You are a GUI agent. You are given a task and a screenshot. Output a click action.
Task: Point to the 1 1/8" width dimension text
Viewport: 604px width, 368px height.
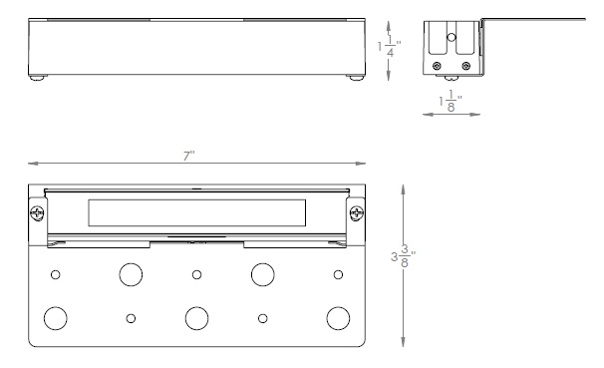449,103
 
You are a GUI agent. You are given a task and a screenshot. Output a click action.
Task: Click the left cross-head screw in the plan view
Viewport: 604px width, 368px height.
38,212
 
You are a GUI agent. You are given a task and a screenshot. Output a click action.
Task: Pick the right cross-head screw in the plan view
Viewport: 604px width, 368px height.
356,212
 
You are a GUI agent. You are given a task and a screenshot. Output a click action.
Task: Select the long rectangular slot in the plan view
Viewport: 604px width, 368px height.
196,212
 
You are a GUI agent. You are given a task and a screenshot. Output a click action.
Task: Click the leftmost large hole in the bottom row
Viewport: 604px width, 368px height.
56,318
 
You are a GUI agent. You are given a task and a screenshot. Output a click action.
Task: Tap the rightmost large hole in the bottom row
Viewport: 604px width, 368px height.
339,318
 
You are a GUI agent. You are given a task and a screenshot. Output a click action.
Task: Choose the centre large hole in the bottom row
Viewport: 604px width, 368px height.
197,318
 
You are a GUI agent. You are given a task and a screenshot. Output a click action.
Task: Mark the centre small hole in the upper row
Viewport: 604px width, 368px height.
197,274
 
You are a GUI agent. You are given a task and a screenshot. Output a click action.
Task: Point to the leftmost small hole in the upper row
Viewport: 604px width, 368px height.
56,274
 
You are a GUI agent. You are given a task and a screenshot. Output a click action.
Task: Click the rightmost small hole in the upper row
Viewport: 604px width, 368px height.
339,274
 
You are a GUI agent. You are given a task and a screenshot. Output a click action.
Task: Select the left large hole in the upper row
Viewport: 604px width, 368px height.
131,274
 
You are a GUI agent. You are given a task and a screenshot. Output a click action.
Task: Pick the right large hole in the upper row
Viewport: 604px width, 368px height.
263,274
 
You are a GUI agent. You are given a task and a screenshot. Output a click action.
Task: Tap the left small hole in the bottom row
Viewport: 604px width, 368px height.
131,318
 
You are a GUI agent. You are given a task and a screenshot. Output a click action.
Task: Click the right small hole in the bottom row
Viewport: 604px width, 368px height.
263,318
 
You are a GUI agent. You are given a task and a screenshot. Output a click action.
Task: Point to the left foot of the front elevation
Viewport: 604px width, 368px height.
38,77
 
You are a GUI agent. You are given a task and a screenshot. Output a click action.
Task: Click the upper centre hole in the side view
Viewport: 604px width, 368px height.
453,37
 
